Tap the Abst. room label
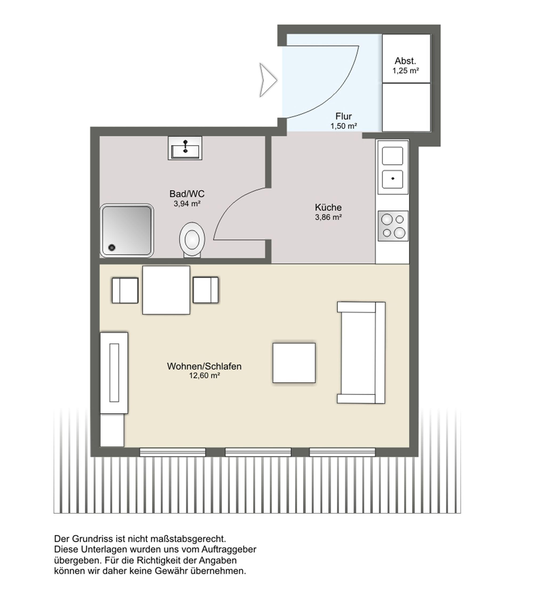405,61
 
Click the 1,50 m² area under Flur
344,126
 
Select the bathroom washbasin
185,148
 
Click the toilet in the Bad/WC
192,240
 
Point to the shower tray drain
112,247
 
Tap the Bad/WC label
187,194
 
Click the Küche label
328,207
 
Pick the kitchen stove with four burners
393,226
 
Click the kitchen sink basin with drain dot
393,179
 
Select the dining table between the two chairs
166,290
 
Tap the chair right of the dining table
205,290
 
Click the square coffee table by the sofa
294,363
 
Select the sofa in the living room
361,353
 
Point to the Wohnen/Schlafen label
204,366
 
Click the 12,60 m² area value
205,376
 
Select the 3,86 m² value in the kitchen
328,217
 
